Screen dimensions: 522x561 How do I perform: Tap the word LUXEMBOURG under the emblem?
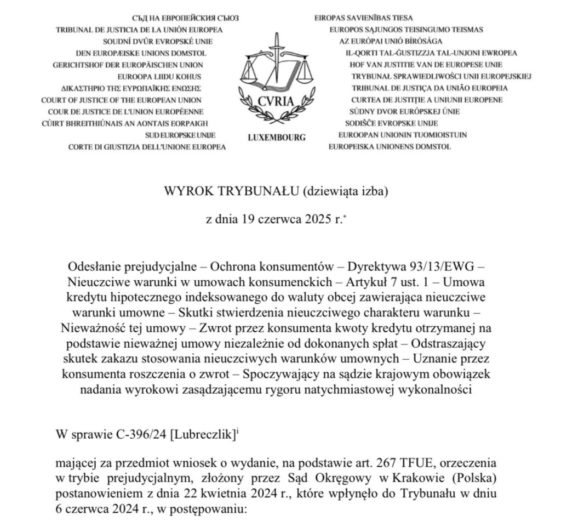coord(277,138)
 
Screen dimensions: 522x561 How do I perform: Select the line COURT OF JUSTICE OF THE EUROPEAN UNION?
coord(121,100)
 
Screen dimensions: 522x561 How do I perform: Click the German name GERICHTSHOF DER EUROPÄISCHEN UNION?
coord(128,65)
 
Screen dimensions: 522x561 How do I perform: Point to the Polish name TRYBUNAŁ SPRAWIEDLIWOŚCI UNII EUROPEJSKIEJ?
coord(442,76)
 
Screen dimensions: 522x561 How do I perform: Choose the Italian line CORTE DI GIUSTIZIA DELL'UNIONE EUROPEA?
coord(147,147)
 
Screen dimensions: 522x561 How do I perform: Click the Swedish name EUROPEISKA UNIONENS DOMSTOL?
coord(390,146)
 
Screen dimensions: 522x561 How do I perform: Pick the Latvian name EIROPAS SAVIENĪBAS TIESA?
coord(364,18)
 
